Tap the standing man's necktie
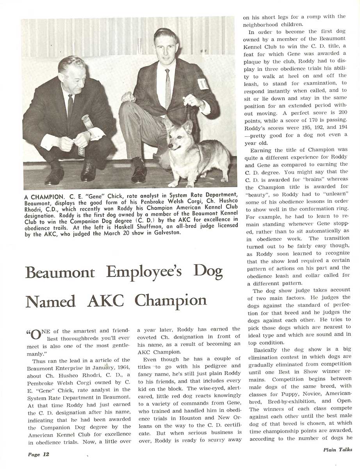click(x=168, y=89)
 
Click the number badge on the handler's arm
click(x=203, y=84)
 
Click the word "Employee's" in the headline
click(x=144, y=272)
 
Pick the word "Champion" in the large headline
click(x=171, y=301)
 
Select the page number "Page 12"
click(x=38, y=454)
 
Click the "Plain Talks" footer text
click(x=337, y=449)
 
